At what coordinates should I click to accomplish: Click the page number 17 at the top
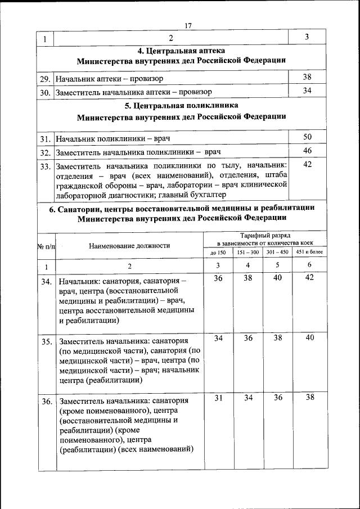[188, 25]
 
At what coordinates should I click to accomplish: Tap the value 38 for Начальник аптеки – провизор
[307, 77]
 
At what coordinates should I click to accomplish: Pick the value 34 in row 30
[307, 90]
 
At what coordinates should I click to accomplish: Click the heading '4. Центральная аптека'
[181, 51]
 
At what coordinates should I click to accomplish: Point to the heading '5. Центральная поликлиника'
[181, 106]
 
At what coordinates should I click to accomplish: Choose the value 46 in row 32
[307, 151]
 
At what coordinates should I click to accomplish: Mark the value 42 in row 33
[307, 165]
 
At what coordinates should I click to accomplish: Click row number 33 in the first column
[46, 167]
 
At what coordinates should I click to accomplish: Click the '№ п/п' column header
[46, 246]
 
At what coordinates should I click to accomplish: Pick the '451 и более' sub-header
[309, 253]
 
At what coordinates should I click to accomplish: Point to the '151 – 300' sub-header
[248, 253]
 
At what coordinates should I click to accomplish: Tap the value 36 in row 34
[218, 278]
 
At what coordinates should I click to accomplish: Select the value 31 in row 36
[218, 398]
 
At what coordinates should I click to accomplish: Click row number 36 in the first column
[47, 402]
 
